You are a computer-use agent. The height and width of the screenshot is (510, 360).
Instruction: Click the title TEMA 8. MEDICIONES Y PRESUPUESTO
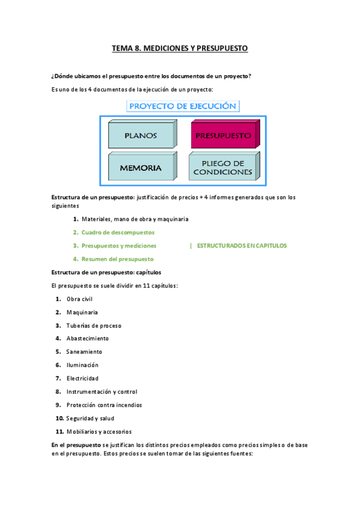pos(180,48)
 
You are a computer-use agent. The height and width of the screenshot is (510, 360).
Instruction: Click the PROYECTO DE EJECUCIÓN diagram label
pos(183,106)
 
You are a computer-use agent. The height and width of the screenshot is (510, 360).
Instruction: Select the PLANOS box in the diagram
pos(141,136)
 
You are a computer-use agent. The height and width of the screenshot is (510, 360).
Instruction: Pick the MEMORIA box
pos(141,168)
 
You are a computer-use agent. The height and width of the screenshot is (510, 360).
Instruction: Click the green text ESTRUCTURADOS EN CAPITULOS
pos(242,245)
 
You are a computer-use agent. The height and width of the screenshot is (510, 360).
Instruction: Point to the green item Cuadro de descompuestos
pos(118,232)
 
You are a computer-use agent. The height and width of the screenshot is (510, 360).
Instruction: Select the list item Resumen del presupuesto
pos(118,259)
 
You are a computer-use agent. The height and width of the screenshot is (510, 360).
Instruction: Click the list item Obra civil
pos(79,299)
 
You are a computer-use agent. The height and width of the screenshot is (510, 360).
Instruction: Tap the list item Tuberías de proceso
pos(94,325)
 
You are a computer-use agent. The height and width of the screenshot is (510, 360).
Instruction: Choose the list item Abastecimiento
pos(88,339)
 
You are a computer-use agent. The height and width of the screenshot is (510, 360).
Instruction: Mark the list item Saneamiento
pos(84,352)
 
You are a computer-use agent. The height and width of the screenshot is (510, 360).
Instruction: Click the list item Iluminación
pos(82,365)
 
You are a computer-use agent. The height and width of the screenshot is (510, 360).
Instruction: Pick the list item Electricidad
pos(82,378)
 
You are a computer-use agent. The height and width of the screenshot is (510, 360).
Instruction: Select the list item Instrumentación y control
pos(102,392)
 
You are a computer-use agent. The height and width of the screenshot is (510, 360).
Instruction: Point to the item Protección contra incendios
pos(104,405)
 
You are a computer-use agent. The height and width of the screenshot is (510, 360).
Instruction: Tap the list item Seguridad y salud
pos(90,418)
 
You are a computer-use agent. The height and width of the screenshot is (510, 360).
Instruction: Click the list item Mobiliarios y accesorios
pos(99,431)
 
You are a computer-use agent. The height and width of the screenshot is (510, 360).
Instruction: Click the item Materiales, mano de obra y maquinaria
pos(135,219)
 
